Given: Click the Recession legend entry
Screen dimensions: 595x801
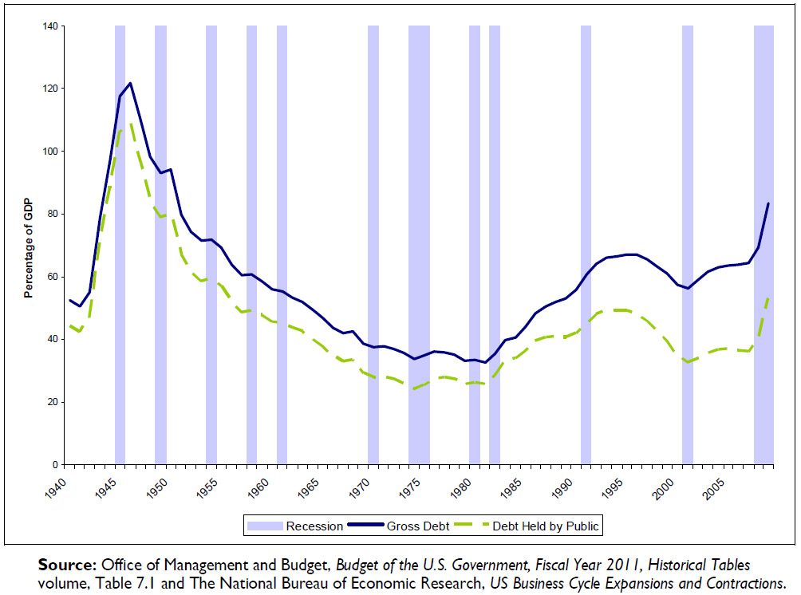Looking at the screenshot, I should point(295,526).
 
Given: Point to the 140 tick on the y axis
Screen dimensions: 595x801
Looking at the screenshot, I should point(52,26).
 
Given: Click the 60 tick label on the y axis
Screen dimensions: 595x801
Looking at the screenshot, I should point(54,277).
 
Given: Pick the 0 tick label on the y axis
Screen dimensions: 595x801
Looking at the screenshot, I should point(57,465).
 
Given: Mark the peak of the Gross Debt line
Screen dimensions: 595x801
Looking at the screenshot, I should point(130,83).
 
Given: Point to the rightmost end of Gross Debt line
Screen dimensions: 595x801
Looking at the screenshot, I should point(768,203).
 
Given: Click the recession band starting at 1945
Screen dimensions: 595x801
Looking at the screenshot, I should point(120,239).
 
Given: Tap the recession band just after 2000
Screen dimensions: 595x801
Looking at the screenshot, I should point(688,239).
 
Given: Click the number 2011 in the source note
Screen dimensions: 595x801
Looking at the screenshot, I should point(599,565).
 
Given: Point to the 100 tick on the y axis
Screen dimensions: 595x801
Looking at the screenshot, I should point(52,152).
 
